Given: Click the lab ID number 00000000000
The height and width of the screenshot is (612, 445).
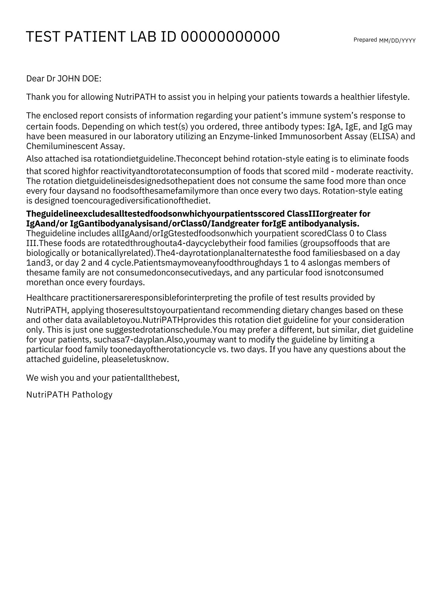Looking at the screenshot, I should pos(230,37).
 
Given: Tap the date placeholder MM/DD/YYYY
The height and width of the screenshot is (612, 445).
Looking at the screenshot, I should pos(397,41).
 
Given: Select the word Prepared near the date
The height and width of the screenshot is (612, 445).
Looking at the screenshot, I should pos(365,40).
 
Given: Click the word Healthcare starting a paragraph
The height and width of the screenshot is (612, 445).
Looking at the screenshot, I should pos(47,298).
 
